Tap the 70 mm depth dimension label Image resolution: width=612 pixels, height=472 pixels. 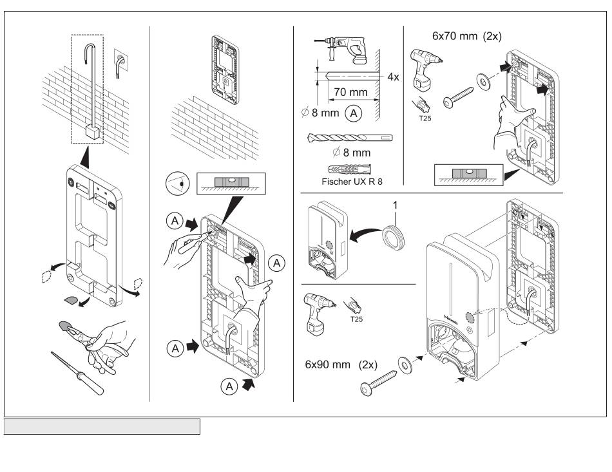pyautogui.click(x=350, y=92)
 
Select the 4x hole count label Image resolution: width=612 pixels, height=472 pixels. pyautogui.click(x=394, y=77)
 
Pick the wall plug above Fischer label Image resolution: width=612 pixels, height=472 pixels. pyautogui.click(x=350, y=169)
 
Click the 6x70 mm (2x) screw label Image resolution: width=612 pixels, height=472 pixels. pyautogui.click(x=466, y=37)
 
